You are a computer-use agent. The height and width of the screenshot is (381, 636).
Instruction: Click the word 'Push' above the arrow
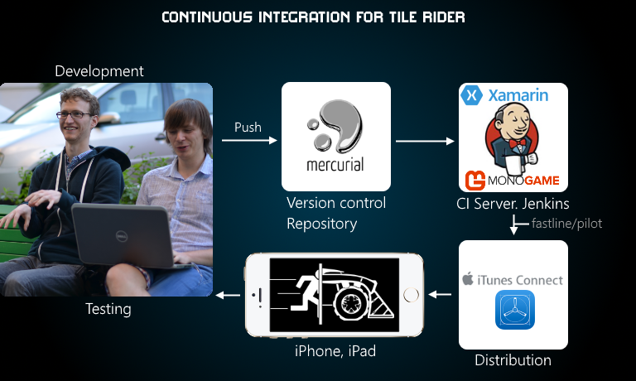pos(248,127)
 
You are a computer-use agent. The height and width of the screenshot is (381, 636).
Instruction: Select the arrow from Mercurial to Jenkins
pos(426,142)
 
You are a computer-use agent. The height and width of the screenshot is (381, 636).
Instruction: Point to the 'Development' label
pos(99,71)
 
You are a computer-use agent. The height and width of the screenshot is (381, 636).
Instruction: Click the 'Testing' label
pos(108,310)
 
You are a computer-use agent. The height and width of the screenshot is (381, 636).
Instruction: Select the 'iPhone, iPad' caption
pos(335,351)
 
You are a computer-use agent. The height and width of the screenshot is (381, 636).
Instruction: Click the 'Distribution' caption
pos(513,360)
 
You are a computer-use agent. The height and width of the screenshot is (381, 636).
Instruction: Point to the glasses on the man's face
pos(75,113)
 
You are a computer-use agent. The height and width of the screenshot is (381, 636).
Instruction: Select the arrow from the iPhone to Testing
pos(229,295)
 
